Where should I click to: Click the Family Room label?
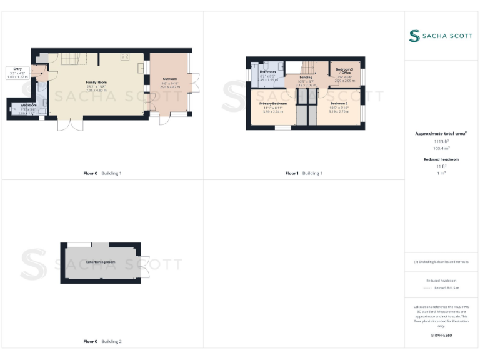point(96,82)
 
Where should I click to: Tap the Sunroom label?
point(170,79)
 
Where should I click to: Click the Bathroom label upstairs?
point(267,71)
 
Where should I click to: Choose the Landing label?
point(306,77)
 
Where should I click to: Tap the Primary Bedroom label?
point(273,103)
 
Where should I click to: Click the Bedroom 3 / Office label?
point(344,71)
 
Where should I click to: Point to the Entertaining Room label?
point(101,262)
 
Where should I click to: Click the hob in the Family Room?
point(125,56)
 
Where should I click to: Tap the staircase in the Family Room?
point(72,60)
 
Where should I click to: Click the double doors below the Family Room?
point(70,124)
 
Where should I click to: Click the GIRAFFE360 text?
point(441,336)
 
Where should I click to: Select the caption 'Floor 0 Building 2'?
point(102,341)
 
